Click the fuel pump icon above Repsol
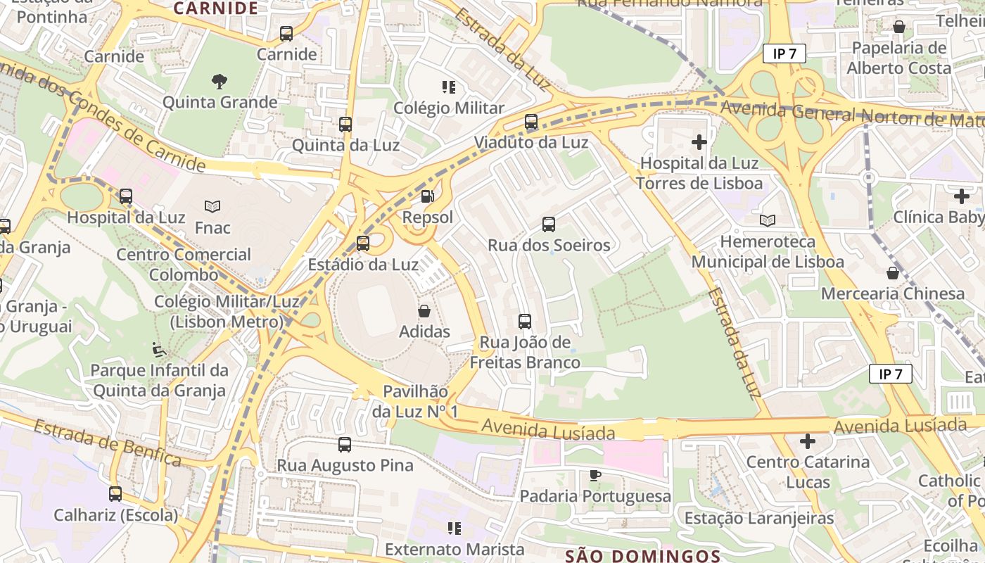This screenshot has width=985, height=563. point(427,196)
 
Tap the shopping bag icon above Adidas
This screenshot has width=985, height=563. point(424,311)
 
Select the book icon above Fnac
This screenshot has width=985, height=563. point(212,206)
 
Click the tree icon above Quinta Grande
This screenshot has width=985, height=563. point(220,81)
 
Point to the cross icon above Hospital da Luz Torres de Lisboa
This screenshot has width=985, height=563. point(699,142)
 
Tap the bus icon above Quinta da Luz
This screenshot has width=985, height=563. point(345,125)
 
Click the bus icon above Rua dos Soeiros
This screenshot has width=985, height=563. point(549,224)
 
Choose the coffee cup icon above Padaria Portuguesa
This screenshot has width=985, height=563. point(595,475)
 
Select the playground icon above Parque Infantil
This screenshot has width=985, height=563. point(159,349)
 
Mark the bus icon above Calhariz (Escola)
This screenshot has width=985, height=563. point(115,494)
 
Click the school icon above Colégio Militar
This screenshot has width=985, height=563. point(449,87)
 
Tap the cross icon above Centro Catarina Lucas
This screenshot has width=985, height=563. point(808,441)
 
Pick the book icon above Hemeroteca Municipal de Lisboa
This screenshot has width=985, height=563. point(767,220)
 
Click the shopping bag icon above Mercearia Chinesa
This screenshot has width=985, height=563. point(893,272)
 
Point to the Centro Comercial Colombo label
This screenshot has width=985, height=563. point(184,265)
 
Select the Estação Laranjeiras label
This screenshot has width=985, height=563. point(759,519)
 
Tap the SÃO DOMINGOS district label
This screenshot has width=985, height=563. point(643,556)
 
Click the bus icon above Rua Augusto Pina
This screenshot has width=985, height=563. point(345,445)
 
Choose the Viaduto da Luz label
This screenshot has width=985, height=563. point(531,143)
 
